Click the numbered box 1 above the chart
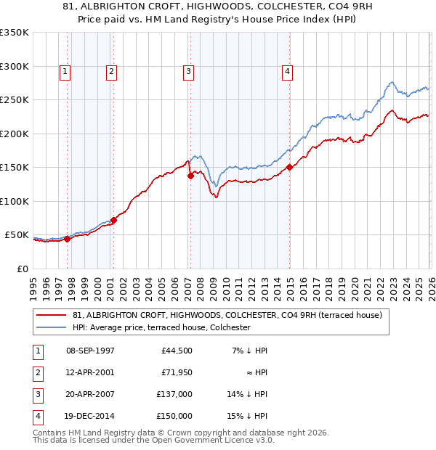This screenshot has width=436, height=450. (65, 71)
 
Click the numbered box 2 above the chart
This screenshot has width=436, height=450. (111, 71)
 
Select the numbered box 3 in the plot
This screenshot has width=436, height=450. (188, 71)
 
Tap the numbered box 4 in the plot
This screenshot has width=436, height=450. (288, 71)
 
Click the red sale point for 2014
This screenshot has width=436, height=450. (289, 167)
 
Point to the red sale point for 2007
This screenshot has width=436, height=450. (190, 176)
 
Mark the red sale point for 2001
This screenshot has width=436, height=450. (113, 220)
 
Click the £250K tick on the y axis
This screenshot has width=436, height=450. (15, 99)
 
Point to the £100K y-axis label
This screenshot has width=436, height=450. (15, 201)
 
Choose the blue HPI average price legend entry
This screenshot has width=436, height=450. (161, 327)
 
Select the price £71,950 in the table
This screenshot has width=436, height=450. (177, 372)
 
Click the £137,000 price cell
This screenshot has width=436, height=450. (174, 394)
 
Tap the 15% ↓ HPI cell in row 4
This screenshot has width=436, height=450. (248, 416)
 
